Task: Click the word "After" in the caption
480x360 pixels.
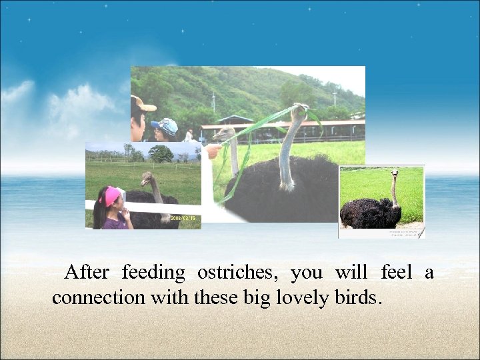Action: point(89,273)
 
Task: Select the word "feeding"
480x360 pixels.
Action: point(153,273)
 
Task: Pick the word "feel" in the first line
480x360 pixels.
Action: point(396,273)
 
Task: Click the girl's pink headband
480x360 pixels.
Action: point(112,195)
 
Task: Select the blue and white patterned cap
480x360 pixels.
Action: point(166,125)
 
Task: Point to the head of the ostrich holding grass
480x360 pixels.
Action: point(299,110)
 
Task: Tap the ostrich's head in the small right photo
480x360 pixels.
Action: point(395,173)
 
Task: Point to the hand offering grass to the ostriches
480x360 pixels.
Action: point(212,151)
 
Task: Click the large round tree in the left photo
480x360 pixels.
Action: point(161,153)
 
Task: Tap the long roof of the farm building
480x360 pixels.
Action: point(287,123)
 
